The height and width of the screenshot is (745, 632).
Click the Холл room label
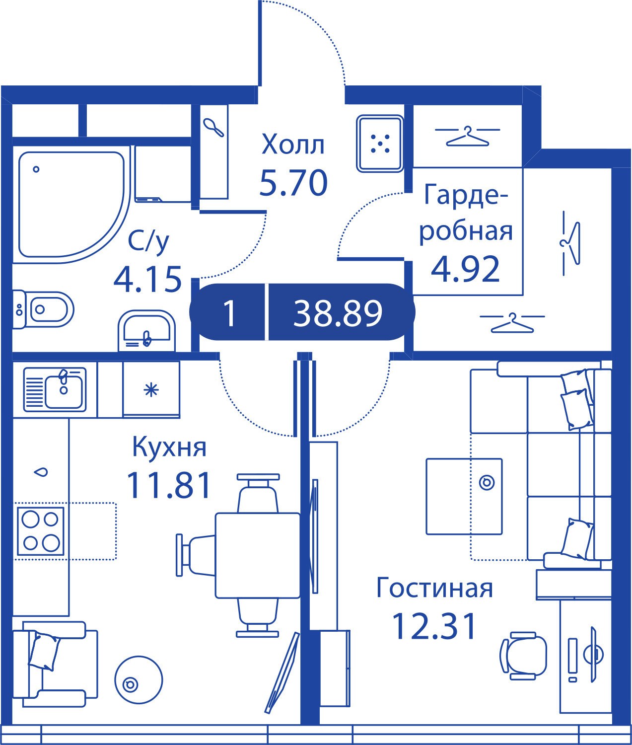pos(293,144)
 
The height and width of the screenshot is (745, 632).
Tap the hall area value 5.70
pos(293,183)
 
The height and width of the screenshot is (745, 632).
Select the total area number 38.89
pos(338,313)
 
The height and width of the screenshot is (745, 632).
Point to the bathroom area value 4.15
pos(147,279)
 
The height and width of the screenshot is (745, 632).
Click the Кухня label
pos(169,447)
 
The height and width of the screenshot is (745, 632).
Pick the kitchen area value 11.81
pos(168,485)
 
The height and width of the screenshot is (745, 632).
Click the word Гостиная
pos(434,588)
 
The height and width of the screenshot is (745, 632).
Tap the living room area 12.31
pos(434,626)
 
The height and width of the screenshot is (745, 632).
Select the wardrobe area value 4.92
pos(465,269)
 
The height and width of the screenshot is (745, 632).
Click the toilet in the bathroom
pos(43,309)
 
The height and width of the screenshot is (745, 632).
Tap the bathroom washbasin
pos(146,331)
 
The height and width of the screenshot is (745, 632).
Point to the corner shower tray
pos(71,206)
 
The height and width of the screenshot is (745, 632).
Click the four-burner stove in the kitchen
pos(41,531)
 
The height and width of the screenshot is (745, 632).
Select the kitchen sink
pos(55,389)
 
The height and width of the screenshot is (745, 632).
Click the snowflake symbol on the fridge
pos(151,389)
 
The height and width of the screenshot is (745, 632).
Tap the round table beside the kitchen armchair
pos(139,680)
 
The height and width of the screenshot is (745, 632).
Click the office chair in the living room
pos(524,656)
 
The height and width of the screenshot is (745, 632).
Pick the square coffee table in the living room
pos(464,496)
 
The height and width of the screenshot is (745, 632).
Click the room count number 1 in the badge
pos(229,313)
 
